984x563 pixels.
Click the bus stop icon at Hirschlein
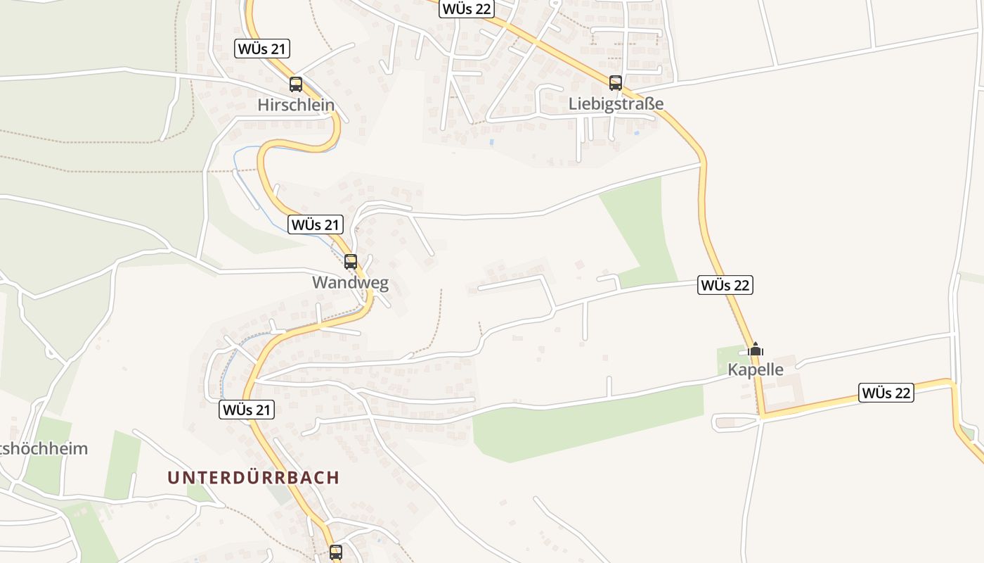pyautogui.click(x=296, y=84)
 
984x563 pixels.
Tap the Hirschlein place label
pyautogui.click(x=296, y=106)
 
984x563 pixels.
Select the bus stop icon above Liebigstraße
pyautogui.click(x=616, y=83)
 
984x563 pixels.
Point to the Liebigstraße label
pyautogui.click(x=616, y=104)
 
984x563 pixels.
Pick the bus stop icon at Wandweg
pyautogui.click(x=351, y=262)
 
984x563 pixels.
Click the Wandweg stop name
pyautogui.click(x=350, y=283)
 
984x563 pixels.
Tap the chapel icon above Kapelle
pyautogui.click(x=756, y=349)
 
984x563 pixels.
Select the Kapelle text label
pyautogui.click(x=756, y=369)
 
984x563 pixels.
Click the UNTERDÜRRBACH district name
pyautogui.click(x=253, y=477)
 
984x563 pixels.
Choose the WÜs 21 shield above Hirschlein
pyautogui.click(x=262, y=49)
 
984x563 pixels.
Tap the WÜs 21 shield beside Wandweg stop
pyautogui.click(x=316, y=225)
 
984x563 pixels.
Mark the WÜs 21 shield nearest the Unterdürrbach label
pyautogui.click(x=247, y=410)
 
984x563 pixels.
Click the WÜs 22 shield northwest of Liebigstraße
pyautogui.click(x=467, y=9)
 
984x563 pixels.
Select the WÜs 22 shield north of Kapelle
pyautogui.click(x=725, y=285)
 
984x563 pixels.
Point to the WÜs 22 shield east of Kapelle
pyautogui.click(x=886, y=393)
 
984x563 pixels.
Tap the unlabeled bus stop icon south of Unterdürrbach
pyautogui.click(x=336, y=552)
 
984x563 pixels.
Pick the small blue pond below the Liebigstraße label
pyautogui.click(x=637, y=132)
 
